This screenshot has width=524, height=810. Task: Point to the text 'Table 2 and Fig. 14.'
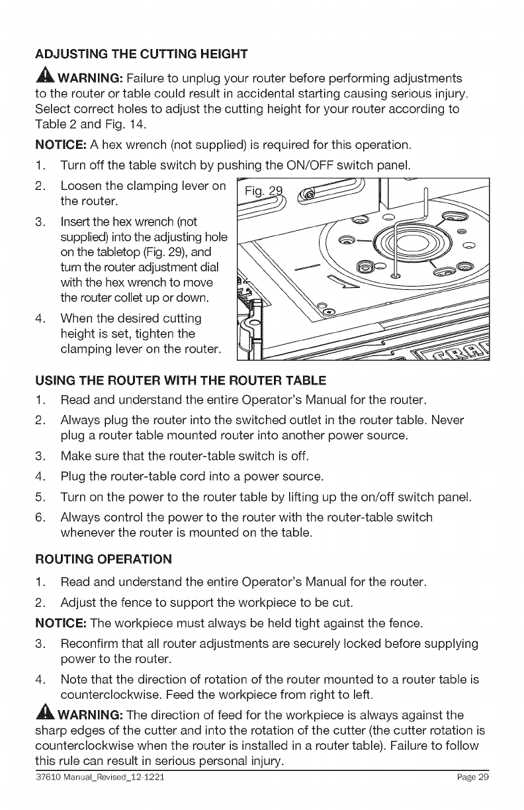click(88, 125)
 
